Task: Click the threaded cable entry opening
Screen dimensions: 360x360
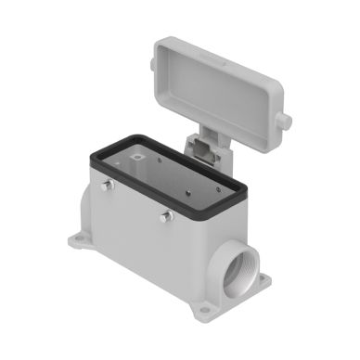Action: click(x=232, y=270)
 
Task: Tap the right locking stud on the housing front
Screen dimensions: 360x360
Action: click(x=168, y=217)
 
